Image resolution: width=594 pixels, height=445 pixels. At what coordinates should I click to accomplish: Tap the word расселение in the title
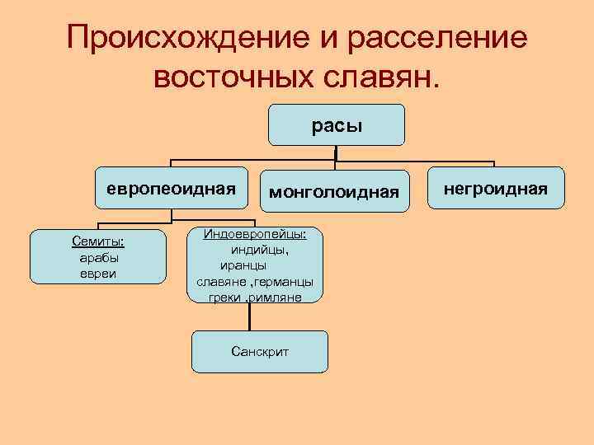click(436, 38)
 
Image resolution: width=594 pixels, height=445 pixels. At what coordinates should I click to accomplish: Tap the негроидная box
click(495, 189)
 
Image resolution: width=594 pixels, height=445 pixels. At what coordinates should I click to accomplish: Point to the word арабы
click(99, 257)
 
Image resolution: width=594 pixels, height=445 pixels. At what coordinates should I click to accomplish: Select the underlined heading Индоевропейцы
click(255, 235)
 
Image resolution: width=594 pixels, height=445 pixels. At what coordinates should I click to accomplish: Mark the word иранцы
click(243, 265)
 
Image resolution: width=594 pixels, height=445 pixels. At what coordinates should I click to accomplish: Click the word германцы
click(285, 281)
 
